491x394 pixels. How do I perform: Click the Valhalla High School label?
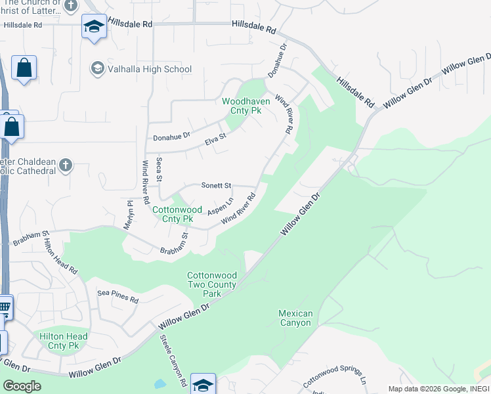(x=150, y=69)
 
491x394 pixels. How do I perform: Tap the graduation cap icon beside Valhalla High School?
(x=97, y=68)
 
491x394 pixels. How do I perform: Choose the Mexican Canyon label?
(x=295, y=318)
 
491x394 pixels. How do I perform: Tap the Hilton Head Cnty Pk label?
(x=63, y=341)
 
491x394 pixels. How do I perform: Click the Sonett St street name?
(x=217, y=186)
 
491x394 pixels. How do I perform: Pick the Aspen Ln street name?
(x=221, y=208)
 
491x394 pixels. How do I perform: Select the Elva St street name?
(x=215, y=139)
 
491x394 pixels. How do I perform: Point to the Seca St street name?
(x=160, y=170)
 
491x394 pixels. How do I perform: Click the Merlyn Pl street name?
(x=129, y=215)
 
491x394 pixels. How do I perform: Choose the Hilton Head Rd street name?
(x=60, y=256)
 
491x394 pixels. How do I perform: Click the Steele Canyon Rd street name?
(x=175, y=361)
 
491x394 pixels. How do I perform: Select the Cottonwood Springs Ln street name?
(x=333, y=375)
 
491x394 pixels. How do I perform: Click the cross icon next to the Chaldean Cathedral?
(x=65, y=165)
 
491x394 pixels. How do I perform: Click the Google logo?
(x=21, y=386)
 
